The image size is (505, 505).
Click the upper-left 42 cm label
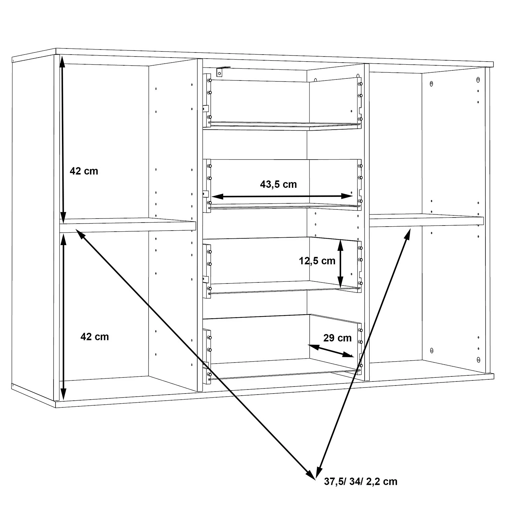coord(84,171)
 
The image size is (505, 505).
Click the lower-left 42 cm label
coord(95,337)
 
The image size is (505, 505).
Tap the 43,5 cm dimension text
coord(278,184)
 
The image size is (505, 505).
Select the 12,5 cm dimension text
coord(317,261)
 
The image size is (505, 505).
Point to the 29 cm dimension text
coord(337,338)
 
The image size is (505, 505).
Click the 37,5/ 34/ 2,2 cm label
coord(361,481)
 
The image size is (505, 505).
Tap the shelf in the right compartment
coord(426,220)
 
